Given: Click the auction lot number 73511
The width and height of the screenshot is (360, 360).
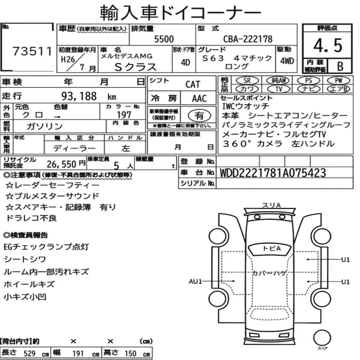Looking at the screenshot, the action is pos(32,51).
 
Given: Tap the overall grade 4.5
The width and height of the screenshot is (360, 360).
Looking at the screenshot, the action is pos(328,45).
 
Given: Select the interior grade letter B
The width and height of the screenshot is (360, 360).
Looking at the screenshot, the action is pos(340,66).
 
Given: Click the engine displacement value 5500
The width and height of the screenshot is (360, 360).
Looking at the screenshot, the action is pos(164,39).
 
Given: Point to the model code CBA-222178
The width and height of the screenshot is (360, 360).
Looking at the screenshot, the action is pos(248,39).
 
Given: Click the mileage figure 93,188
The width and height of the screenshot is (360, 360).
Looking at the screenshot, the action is pos(79,96).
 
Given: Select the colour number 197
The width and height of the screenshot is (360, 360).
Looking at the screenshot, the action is pos(124,114).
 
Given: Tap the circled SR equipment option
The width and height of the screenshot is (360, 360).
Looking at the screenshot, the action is pos(247,81).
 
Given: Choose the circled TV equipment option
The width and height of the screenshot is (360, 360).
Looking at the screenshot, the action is pos(279,89).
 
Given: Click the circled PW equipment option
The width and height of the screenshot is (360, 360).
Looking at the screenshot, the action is pos(338,81).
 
